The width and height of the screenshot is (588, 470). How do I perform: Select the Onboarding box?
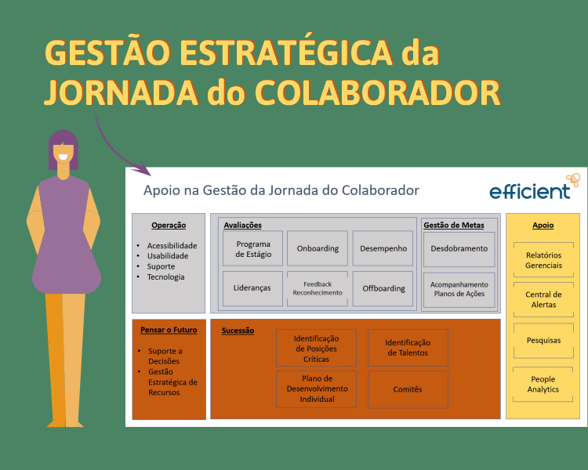(x=318, y=248)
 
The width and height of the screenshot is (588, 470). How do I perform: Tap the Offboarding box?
(x=383, y=288)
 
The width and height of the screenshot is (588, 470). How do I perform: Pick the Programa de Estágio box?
(x=252, y=248)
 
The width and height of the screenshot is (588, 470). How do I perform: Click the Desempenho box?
(x=383, y=248)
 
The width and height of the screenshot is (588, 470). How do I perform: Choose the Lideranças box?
(x=252, y=288)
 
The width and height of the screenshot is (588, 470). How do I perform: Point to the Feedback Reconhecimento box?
(x=318, y=288)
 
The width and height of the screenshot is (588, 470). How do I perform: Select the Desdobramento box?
(x=459, y=248)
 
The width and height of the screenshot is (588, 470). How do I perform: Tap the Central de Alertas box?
(x=543, y=299)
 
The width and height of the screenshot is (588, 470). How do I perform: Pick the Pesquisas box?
(x=543, y=340)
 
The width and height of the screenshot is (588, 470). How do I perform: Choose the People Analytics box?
(x=543, y=384)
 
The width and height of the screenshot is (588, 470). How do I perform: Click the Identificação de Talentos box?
(x=408, y=348)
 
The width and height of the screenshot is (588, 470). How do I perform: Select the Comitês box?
(x=408, y=389)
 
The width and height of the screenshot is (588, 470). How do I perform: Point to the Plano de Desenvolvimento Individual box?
(x=316, y=389)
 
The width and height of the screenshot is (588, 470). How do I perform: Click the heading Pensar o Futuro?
(x=169, y=330)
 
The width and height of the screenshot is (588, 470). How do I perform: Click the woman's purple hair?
(x=64, y=142)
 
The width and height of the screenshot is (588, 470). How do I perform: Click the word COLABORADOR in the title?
(x=379, y=92)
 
